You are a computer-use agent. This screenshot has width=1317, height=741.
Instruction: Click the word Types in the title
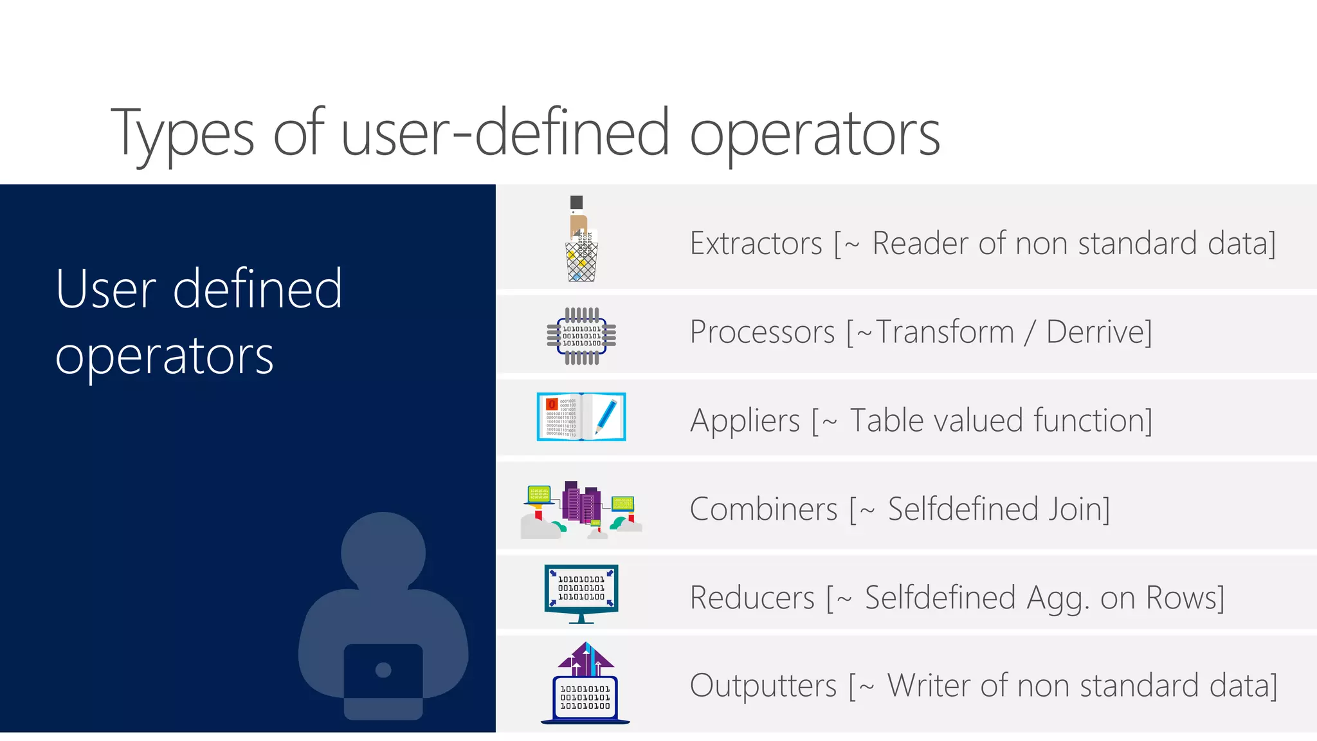point(183,134)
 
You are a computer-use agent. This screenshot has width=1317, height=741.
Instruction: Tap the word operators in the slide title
point(815,134)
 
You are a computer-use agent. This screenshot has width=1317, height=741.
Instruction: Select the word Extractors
point(756,244)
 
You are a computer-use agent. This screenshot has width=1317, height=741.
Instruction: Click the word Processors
point(762,333)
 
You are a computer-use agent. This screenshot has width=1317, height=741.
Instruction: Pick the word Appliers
point(745,421)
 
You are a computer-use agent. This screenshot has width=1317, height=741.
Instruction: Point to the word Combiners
point(763,509)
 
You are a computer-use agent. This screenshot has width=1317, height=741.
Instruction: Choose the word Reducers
point(752,598)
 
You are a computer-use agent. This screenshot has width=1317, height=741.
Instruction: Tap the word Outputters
point(763,686)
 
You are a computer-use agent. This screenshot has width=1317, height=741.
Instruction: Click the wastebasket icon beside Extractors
point(582,261)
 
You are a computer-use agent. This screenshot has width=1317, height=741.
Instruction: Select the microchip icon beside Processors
point(581,336)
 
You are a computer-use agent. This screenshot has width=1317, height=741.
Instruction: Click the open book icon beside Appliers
point(581,417)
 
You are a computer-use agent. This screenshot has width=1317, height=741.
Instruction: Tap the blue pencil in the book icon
point(606,416)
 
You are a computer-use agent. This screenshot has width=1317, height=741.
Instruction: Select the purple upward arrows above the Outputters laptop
point(586,657)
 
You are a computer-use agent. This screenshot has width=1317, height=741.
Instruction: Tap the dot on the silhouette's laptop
point(383,670)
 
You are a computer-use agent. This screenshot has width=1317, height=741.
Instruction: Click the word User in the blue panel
point(106,290)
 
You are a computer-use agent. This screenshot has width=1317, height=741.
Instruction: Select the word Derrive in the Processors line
point(1098,333)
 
